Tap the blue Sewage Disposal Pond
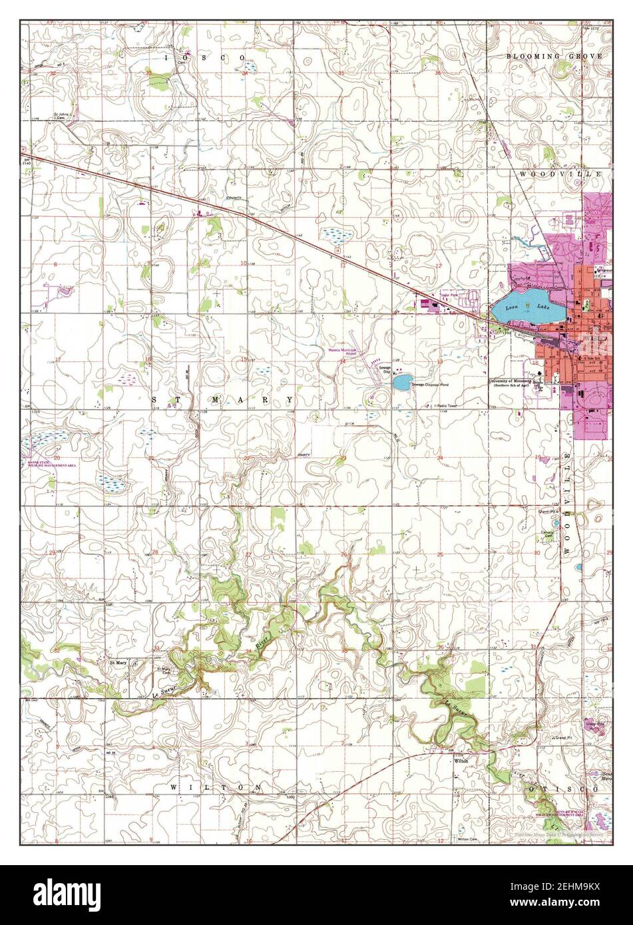coord(401,382)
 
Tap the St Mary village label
coord(118,663)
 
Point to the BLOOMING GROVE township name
coord(554,57)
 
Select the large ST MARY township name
coord(222,400)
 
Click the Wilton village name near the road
coord(461,760)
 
